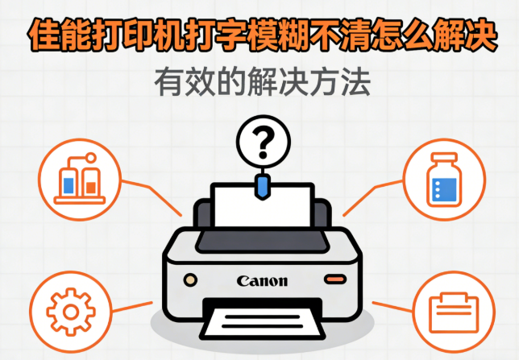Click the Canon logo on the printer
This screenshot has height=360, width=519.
pyautogui.click(x=262, y=281)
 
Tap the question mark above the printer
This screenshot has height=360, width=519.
pyautogui.click(x=264, y=143)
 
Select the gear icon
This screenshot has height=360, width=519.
pyautogui.click(x=71, y=312)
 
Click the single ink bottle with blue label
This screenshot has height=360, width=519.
pyautogui.click(x=444, y=180)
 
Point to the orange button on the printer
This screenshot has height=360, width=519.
pyautogui.click(x=335, y=279)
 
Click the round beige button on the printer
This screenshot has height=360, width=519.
pyautogui.click(x=190, y=280)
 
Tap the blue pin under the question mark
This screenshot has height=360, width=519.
pyautogui.click(x=263, y=188)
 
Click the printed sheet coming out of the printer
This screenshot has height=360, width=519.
pyautogui.click(x=262, y=323)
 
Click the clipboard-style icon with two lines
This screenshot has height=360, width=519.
pyautogui.click(x=454, y=312)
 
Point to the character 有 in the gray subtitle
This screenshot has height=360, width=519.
pyautogui.click(x=169, y=81)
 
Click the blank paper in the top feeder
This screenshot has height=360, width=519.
pyautogui.click(x=263, y=206)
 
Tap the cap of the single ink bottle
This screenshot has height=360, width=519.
pyautogui.click(x=444, y=158)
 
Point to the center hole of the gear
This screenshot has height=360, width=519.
pyautogui.click(x=71, y=312)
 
